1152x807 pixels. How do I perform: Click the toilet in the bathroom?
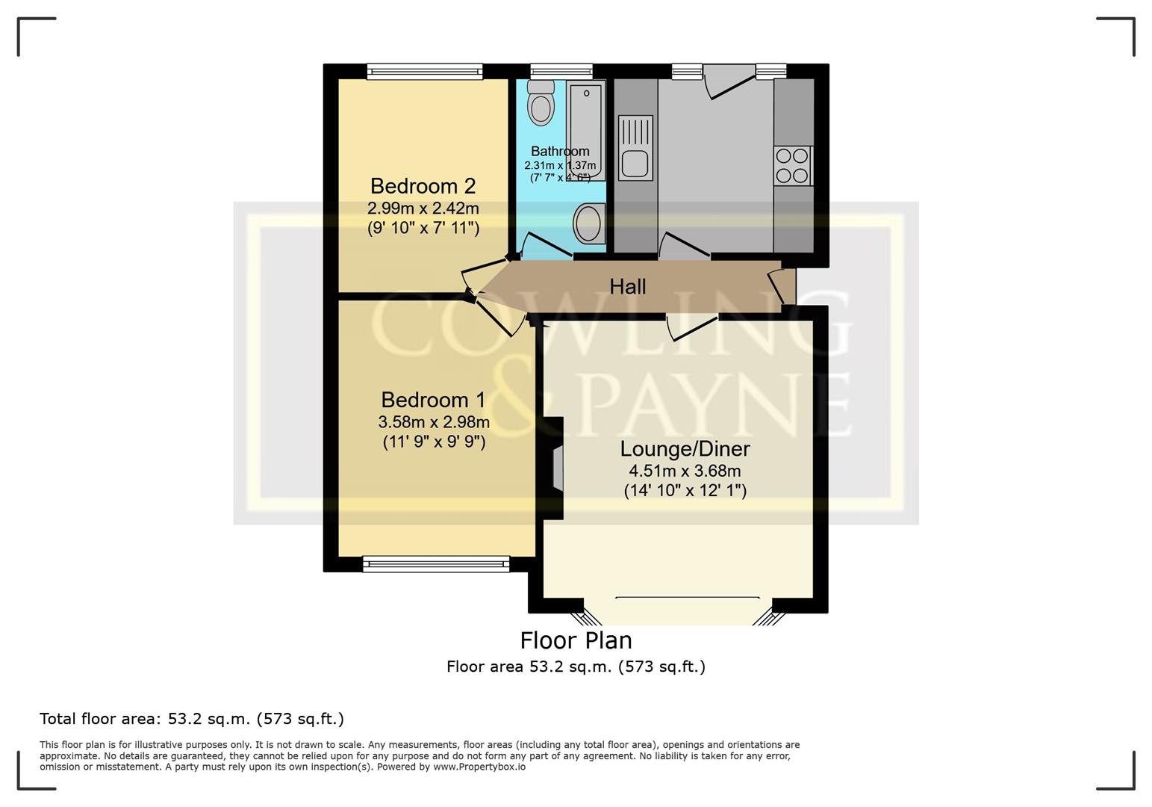tap(541, 102)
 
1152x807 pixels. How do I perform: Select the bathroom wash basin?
tap(589, 223)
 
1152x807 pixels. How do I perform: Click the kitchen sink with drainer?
tap(635, 148)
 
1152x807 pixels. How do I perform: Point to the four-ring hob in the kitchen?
tap(792, 166)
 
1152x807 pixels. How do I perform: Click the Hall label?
tap(627, 287)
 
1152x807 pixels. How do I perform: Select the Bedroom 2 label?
tap(423, 186)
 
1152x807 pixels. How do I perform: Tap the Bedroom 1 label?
tap(433, 400)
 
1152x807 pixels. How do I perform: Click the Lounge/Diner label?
tap(685, 449)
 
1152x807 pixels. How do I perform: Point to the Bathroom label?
tap(560, 151)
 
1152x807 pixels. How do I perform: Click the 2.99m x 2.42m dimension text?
tap(423, 208)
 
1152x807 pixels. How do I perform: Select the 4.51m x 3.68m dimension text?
tap(685, 471)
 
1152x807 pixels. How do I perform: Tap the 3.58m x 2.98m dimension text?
tap(434, 422)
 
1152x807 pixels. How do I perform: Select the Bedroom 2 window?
tap(425, 72)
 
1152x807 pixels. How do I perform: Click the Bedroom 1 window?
tap(436, 564)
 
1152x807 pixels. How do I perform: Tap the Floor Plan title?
tap(576, 641)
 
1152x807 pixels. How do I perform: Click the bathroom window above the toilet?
tap(561, 72)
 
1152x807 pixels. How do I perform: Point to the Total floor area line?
tap(192, 719)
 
